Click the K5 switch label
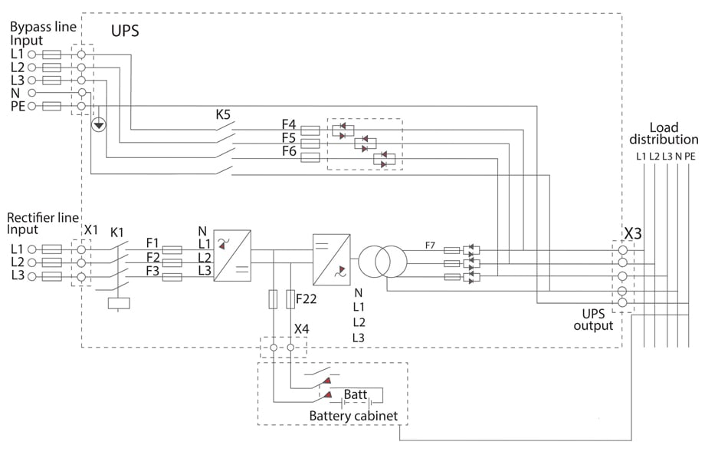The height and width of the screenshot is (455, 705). point(223,115)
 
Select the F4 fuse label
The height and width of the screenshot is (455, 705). point(288,123)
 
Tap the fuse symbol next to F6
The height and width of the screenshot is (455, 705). point(310,157)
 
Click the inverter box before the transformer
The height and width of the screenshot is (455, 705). point(331,256)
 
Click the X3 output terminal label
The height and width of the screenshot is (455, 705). point(634,231)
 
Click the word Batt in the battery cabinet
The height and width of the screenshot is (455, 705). point(355,394)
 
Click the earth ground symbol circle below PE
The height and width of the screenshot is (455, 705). point(98,124)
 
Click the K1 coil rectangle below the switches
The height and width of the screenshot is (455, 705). point(120,302)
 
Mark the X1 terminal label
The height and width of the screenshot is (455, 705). point(91,230)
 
